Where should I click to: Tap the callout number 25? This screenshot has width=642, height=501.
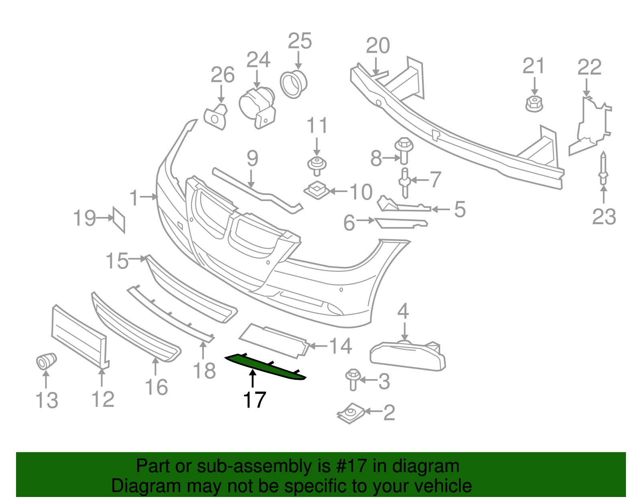(300, 41)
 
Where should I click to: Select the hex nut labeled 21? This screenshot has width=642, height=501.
(534, 104)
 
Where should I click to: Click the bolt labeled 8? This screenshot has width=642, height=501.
(404, 150)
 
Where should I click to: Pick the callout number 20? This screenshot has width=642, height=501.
(378, 46)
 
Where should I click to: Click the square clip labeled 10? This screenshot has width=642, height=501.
(317, 189)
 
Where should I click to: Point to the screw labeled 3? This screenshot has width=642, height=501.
(353, 379)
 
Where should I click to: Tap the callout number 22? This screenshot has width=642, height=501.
(589, 67)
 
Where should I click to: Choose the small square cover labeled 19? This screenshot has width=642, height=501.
(119, 219)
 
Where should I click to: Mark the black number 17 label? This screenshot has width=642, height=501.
(254, 400)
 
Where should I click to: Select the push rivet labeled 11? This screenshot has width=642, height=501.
(317, 165)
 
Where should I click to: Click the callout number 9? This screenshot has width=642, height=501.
(252, 159)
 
